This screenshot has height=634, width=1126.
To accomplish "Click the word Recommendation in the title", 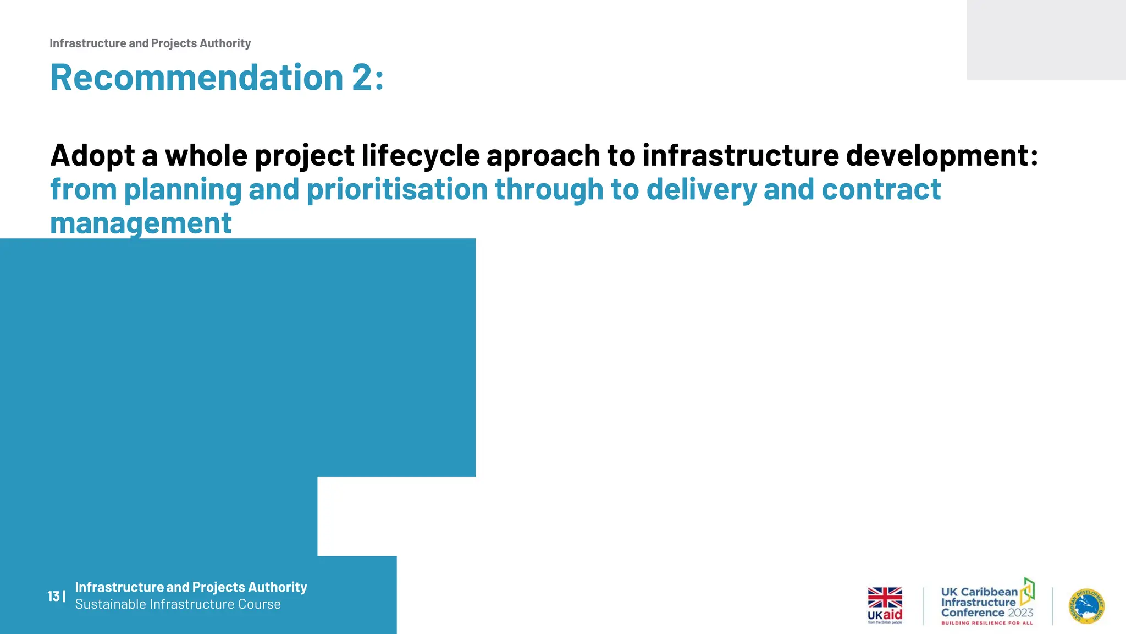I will [x=196, y=77].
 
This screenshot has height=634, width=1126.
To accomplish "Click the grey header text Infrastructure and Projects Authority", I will [x=150, y=43].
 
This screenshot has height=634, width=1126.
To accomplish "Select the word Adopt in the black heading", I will [x=92, y=156].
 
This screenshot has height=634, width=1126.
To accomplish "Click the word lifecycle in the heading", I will [x=421, y=156].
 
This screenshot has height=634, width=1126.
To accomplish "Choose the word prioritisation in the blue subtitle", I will [x=397, y=189].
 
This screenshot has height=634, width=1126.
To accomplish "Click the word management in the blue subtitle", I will [x=141, y=223].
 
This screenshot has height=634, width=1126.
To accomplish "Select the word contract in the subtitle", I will [x=881, y=189].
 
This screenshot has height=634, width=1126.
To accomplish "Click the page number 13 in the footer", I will [x=53, y=596].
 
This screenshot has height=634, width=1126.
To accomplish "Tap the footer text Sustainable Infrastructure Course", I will [x=178, y=604].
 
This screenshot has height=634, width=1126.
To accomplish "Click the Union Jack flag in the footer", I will [x=885, y=597].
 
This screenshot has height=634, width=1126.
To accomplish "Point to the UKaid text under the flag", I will [x=885, y=615].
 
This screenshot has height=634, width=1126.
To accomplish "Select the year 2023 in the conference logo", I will [x=1020, y=613].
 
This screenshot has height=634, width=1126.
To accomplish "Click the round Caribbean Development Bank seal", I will [x=1086, y=606].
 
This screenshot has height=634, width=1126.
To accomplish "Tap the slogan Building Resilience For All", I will [x=987, y=623].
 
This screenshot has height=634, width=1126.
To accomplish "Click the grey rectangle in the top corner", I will [x=1046, y=40].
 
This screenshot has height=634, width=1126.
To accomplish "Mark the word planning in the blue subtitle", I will [x=183, y=190].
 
